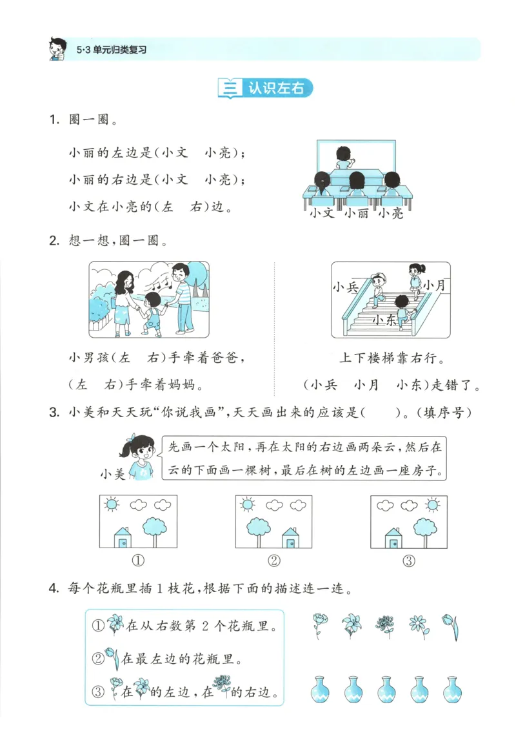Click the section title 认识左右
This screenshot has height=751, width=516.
tap(275, 88)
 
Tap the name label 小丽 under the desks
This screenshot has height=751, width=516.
tap(356, 212)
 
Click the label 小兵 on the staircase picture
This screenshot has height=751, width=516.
tap(346, 288)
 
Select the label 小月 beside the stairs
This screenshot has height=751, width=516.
tap(435, 285)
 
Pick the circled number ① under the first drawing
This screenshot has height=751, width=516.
tap(137, 561)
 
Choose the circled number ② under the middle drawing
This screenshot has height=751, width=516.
tap(274, 561)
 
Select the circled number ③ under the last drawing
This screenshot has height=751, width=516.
tap(409, 561)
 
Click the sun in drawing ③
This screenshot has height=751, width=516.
tap(433, 504)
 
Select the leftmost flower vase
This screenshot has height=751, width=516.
tap(321, 689)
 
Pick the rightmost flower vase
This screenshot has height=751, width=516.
tap(452, 689)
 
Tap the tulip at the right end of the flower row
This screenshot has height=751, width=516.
tap(451, 625)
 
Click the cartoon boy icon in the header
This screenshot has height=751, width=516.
tap(58, 48)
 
